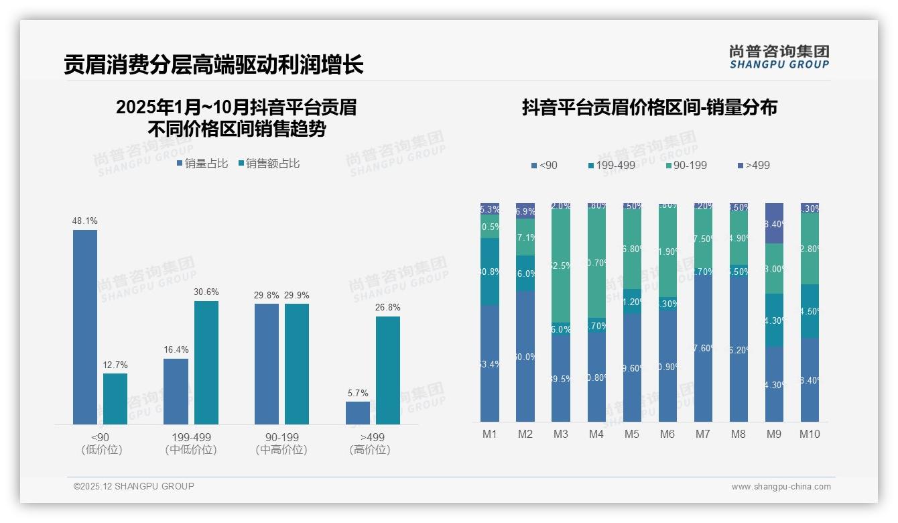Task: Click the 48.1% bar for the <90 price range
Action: (x=85, y=327)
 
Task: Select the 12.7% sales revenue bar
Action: (x=115, y=398)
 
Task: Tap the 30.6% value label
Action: (x=206, y=292)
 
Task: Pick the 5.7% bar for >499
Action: (x=358, y=412)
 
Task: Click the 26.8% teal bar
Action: (x=388, y=370)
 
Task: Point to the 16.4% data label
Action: (x=176, y=350)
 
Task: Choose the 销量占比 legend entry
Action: (x=202, y=164)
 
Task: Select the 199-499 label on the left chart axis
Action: (x=191, y=437)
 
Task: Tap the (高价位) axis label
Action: (x=370, y=450)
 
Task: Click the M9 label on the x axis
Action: (x=774, y=434)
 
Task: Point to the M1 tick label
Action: (x=490, y=434)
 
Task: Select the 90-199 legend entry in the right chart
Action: (x=687, y=166)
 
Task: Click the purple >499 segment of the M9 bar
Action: (x=774, y=223)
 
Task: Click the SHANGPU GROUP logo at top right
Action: (x=779, y=57)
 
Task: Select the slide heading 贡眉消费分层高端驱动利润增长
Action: (x=214, y=65)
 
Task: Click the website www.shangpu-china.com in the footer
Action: (x=781, y=487)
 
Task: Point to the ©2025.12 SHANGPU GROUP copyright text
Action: (x=134, y=487)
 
